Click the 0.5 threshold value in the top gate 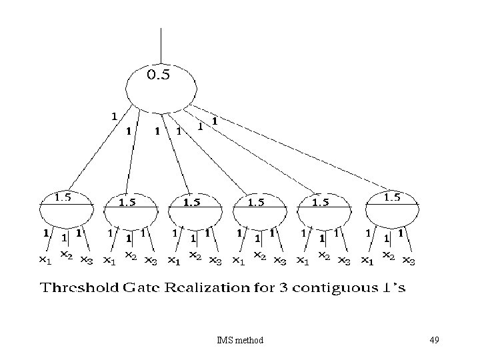(x=159, y=75)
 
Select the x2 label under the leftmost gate (x=66, y=255)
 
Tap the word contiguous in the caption (x=339, y=289)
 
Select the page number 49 (x=434, y=341)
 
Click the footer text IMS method (x=240, y=341)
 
